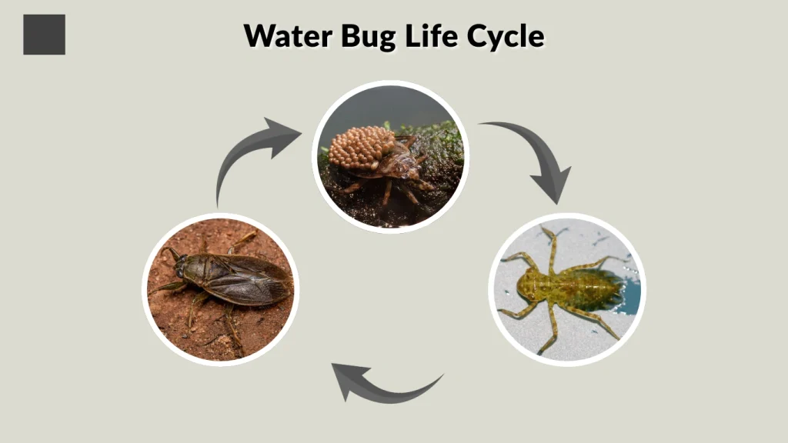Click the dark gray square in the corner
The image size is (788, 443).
point(44,35)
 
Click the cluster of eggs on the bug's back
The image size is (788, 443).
point(362,148)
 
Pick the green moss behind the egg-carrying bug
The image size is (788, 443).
point(439,142)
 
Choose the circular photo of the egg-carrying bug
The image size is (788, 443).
point(390,157)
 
